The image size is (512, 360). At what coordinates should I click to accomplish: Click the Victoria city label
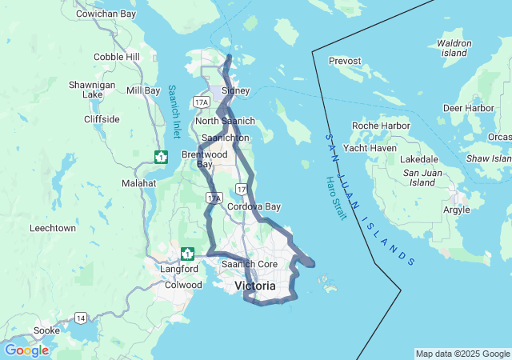[x=254, y=286]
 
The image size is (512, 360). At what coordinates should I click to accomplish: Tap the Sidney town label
[x=235, y=91]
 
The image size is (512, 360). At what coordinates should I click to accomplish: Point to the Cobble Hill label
[x=116, y=57]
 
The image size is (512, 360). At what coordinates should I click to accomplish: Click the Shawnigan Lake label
[x=92, y=89]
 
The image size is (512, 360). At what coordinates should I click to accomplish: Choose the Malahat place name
[x=138, y=183]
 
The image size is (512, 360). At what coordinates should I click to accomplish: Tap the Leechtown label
[x=53, y=228]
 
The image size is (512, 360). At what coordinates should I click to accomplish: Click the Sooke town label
[x=46, y=330]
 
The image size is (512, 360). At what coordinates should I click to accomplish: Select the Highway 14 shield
[x=81, y=318]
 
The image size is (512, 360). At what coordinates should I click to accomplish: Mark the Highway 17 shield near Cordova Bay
[x=242, y=189]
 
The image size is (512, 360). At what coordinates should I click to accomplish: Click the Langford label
[x=178, y=269]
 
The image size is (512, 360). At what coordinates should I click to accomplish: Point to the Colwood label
[x=183, y=284]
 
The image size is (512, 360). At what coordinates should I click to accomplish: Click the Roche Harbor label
[x=382, y=126]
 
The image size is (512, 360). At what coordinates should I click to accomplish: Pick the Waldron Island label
[x=454, y=47]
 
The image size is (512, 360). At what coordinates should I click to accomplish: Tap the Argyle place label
[x=456, y=210]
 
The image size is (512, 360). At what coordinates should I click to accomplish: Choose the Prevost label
[x=345, y=60]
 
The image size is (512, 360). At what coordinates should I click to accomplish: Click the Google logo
[x=26, y=350]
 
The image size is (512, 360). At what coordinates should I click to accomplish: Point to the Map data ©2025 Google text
[x=462, y=354]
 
